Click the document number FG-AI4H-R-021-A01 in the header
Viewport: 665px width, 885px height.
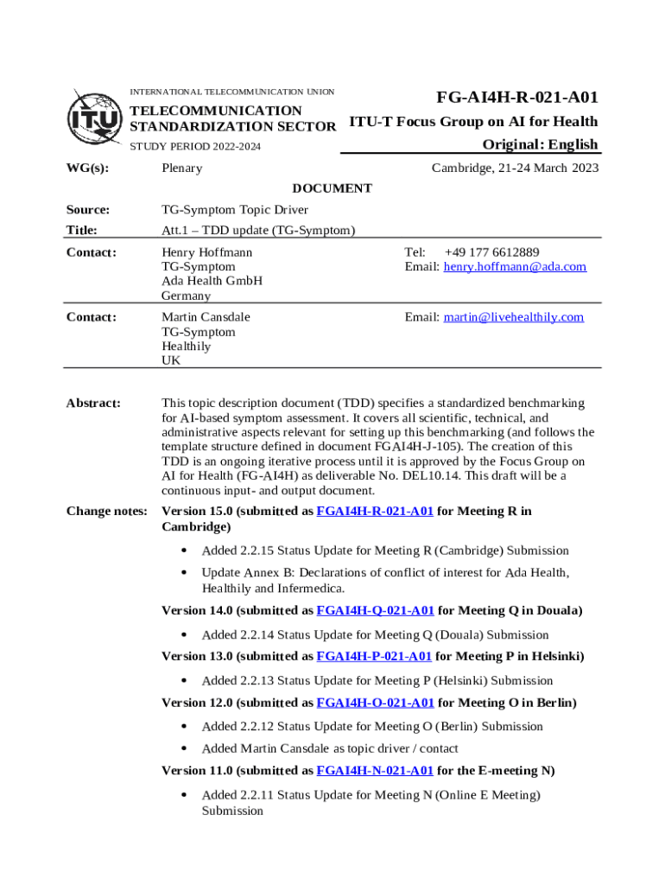[x=516, y=98]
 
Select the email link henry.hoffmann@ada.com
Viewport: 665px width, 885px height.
[x=515, y=267]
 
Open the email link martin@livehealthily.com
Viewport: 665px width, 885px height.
[x=513, y=317]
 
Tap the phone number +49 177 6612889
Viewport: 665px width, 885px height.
[x=491, y=252]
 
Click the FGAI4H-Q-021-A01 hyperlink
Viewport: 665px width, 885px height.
[x=375, y=611]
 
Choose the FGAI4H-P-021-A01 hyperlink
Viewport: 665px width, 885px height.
[x=375, y=657]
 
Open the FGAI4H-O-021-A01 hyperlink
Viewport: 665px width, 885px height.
[x=375, y=703]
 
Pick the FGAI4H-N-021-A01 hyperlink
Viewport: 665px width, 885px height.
[x=375, y=771]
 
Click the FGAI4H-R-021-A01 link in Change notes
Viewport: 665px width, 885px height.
[x=375, y=512]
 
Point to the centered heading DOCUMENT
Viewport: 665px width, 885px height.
[x=332, y=188]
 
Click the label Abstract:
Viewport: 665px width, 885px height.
[x=93, y=404]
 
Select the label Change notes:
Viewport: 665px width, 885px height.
[x=106, y=512]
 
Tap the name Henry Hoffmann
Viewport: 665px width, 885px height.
[x=207, y=252]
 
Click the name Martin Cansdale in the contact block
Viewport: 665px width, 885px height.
[x=206, y=317]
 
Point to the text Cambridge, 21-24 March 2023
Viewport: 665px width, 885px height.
[x=515, y=168]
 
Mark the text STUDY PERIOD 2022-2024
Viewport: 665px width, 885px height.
[x=194, y=146]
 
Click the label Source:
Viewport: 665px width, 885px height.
[x=88, y=210]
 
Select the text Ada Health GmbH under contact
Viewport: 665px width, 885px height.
[x=212, y=281]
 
